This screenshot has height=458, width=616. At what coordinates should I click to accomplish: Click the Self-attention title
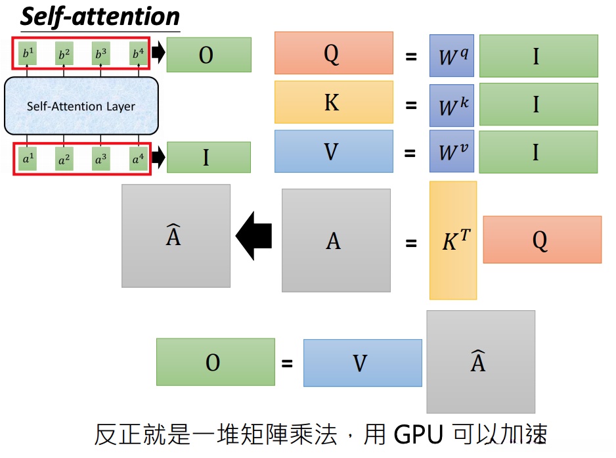point(100,16)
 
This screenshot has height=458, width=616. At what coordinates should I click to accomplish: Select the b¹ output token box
point(27,54)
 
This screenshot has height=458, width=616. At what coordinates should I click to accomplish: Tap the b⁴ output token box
point(138,54)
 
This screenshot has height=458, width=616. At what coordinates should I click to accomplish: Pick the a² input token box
point(64,159)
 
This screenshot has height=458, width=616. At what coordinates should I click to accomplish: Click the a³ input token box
point(100,159)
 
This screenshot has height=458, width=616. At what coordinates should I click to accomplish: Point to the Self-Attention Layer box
point(81,106)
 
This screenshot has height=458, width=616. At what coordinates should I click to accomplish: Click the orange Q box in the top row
point(333,53)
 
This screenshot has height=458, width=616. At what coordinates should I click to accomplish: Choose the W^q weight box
point(452,56)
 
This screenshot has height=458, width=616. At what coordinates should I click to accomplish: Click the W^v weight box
point(452,152)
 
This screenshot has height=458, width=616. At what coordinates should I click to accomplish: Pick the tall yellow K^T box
point(453,240)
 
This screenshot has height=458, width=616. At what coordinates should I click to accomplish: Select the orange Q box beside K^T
point(542,240)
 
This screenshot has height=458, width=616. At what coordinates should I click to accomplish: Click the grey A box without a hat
point(336,240)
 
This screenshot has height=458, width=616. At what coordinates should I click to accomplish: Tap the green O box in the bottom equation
point(215,362)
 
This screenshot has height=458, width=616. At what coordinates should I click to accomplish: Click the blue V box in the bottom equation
point(362,363)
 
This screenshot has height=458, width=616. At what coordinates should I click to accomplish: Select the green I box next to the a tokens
point(209,158)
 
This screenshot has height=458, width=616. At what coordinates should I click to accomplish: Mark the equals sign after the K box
point(411,104)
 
